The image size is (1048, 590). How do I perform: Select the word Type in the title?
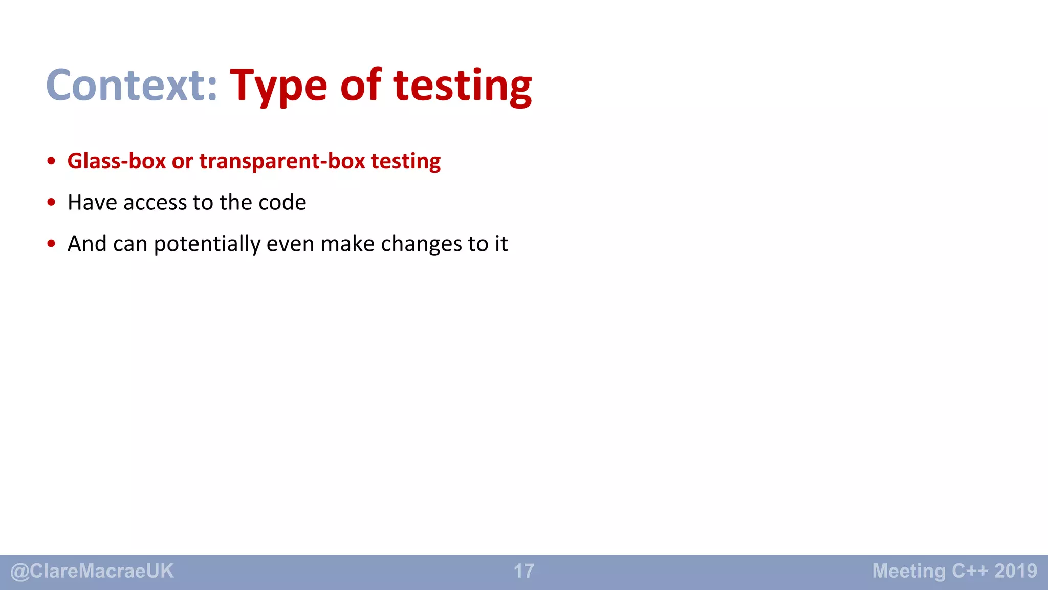point(278,86)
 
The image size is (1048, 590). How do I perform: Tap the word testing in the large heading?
point(463,86)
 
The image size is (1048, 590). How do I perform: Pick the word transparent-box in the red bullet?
point(282,161)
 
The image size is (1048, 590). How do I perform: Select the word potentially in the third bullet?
point(207,244)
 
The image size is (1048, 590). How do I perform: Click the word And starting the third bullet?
point(87,244)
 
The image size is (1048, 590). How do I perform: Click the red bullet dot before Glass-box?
point(51,161)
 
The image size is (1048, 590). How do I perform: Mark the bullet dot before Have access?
point(51,203)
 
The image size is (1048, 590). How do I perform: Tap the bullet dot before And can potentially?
point(51,244)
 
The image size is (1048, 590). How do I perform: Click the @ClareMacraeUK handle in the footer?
point(92,571)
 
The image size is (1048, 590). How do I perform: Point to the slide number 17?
point(524,571)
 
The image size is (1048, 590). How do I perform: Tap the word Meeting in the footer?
point(909,571)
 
